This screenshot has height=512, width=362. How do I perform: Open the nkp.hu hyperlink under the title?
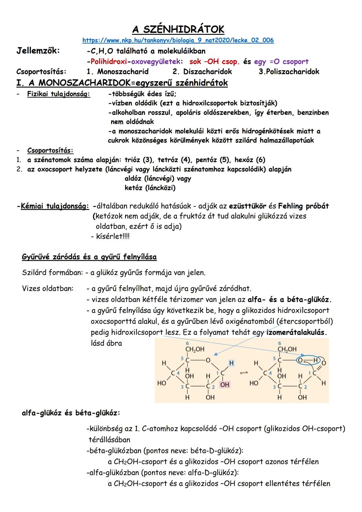click(x=178, y=40)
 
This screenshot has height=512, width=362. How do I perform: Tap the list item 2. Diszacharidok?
click(x=202, y=72)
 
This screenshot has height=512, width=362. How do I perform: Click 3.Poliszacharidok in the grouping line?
click(x=289, y=72)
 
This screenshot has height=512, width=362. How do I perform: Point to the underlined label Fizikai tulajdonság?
click(x=59, y=94)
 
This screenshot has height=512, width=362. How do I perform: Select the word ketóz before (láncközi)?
click(x=133, y=188)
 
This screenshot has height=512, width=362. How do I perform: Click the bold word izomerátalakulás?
click(x=297, y=333)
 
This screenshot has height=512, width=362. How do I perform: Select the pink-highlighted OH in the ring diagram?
click(x=225, y=385)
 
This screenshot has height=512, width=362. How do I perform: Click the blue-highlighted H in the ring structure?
click(x=231, y=363)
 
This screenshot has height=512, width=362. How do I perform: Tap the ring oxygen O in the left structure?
click(x=208, y=360)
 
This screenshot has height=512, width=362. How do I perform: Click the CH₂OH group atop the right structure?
click(x=287, y=349)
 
